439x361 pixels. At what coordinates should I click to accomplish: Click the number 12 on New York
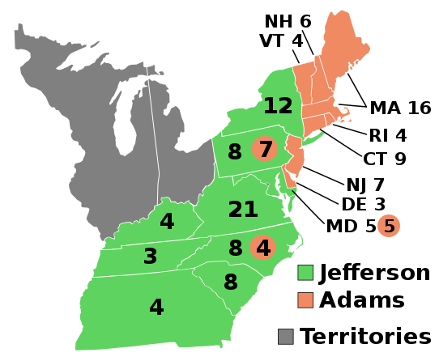point(278,106)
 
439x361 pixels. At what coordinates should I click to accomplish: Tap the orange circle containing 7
point(265,149)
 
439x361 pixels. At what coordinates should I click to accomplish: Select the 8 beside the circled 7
point(235,152)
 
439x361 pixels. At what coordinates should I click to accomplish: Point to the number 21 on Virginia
point(243,210)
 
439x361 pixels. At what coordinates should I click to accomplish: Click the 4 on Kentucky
point(167,222)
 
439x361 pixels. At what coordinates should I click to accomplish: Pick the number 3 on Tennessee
point(150,257)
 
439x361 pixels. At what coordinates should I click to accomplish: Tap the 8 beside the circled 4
point(236,248)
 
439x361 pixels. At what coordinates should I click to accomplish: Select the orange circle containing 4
point(263,248)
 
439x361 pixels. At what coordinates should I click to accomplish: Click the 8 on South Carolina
point(231,282)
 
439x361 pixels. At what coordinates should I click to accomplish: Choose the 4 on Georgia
point(156,308)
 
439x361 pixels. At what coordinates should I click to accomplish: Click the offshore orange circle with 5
point(389,226)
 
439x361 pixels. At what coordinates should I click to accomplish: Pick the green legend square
point(305,273)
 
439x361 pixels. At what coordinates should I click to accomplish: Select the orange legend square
point(305,300)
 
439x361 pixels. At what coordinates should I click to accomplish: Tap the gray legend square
point(286,337)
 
